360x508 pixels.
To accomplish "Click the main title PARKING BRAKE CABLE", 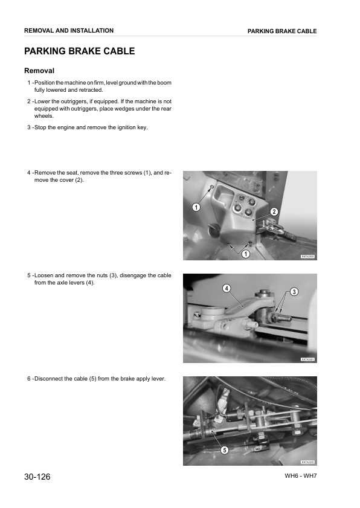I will [79, 51].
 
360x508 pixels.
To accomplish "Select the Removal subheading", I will [39, 71].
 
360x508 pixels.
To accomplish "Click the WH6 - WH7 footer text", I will [301, 476].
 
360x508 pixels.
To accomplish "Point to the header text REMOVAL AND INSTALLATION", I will [68, 30].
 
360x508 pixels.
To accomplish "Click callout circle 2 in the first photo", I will [274, 211].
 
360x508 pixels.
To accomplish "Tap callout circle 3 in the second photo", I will [294, 292].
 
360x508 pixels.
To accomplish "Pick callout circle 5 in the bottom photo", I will [224, 450].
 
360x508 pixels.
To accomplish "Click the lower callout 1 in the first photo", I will [245, 254].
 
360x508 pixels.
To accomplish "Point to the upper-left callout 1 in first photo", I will [196, 207].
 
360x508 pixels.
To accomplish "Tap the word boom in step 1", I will [165, 83].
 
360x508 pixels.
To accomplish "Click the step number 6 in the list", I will [29, 379].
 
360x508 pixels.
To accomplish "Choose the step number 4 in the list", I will [29, 173].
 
